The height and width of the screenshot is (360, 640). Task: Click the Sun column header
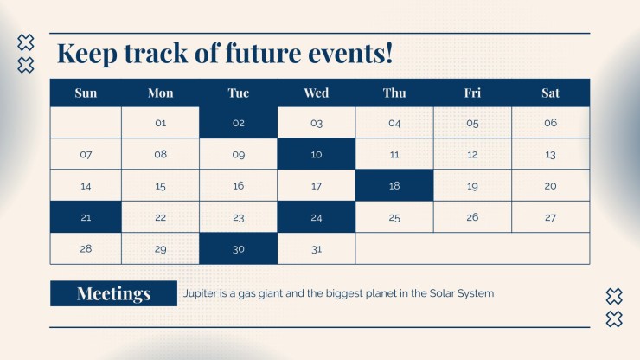click(86, 93)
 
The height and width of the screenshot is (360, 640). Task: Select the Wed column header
click(317, 93)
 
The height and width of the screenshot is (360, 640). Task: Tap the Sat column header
click(550, 93)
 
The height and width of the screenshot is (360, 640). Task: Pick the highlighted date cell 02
click(239, 123)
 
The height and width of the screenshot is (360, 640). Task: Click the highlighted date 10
click(317, 154)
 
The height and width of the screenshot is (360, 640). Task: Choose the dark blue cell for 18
click(394, 185)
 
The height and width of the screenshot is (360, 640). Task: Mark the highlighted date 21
click(86, 217)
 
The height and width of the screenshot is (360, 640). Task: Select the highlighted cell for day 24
click(317, 217)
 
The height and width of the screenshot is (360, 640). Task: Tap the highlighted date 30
click(239, 248)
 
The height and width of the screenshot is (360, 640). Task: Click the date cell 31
click(317, 248)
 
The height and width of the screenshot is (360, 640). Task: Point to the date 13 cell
click(550, 154)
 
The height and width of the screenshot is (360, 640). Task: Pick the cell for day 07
click(86, 154)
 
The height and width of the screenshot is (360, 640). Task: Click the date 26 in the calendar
click(472, 217)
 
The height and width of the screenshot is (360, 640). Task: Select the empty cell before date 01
click(86, 123)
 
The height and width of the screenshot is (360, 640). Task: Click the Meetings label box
click(113, 293)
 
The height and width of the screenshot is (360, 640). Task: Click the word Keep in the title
click(87, 54)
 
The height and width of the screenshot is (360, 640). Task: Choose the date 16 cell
click(239, 185)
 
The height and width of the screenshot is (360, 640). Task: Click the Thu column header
click(394, 93)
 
